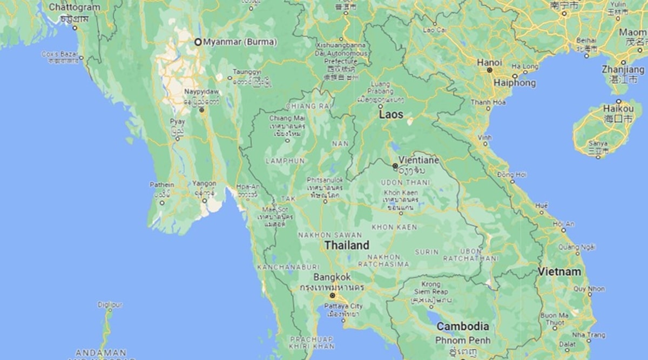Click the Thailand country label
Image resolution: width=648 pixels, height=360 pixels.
347,245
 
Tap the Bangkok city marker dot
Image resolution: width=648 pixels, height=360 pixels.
332,295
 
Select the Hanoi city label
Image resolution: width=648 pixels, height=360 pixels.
489,63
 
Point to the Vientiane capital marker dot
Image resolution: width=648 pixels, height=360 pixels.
395,166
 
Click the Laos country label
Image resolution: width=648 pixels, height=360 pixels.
391,114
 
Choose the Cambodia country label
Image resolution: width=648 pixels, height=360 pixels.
462,327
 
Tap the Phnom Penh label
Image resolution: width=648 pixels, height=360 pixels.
463,340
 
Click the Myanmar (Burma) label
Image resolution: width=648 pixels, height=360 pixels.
240,42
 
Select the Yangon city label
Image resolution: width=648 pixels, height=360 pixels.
204,184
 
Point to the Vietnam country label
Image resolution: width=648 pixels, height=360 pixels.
559,271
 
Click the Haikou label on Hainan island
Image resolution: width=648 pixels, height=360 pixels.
618,109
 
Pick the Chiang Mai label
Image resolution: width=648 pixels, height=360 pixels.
283,118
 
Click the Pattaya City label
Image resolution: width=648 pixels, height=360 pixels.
343,306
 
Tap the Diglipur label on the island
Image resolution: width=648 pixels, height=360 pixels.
110,304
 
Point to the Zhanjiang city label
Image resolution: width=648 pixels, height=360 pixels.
623,70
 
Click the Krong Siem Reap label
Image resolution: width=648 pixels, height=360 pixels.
430,288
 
